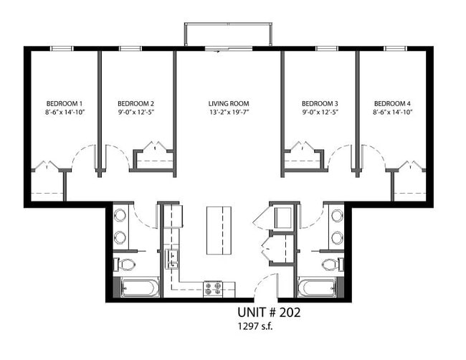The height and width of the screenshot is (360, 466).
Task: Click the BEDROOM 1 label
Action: (x=65, y=103)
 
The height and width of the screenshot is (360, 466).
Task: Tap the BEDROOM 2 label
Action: (x=136, y=103)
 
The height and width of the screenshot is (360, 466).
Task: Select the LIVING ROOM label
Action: (x=229, y=103)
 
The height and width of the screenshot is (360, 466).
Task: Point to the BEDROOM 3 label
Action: (x=320, y=103)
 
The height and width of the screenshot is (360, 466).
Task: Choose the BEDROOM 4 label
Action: (x=392, y=103)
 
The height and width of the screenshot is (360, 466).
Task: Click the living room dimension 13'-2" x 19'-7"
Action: (x=229, y=113)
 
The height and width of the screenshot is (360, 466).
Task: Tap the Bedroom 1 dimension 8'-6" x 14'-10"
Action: (x=65, y=113)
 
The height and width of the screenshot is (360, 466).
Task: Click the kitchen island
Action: (x=220, y=229)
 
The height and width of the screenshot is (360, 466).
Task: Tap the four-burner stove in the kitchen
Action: (x=213, y=288)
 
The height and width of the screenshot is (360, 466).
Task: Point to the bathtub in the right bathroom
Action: (x=317, y=288)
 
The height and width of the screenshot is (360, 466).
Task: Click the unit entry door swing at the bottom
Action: (x=265, y=287)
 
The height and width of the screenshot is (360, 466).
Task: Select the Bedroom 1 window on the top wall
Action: (x=62, y=49)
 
